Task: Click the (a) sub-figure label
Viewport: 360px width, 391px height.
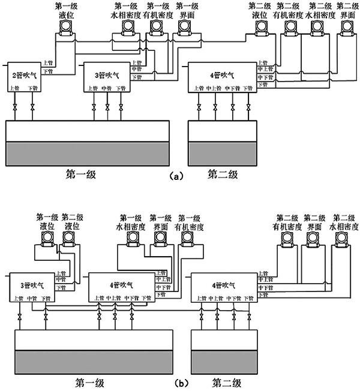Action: pos(175,176)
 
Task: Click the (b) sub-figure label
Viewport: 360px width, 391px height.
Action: pos(175,382)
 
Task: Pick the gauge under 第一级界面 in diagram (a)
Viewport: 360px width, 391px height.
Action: pos(186,27)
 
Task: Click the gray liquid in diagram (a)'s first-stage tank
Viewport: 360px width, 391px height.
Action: pos(88,154)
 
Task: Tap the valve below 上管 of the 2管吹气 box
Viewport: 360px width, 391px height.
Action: pos(15,108)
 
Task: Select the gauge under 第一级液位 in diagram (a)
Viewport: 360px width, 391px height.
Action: pos(64,27)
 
